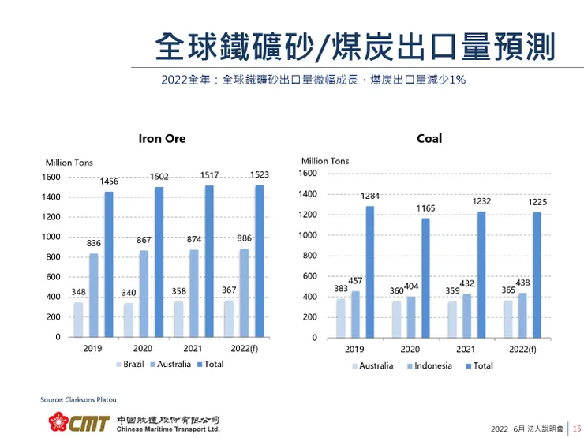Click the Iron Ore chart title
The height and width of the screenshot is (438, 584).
(x=162, y=138)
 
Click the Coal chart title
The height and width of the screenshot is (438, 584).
(x=429, y=138)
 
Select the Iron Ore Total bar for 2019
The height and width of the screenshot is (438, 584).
(x=109, y=264)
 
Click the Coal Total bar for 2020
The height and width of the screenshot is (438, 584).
(x=425, y=277)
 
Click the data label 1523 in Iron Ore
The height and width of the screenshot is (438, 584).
(x=260, y=174)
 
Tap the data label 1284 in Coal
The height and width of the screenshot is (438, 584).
(x=371, y=195)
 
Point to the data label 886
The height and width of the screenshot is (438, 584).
(x=243, y=238)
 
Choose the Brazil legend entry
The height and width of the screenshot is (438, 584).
(x=132, y=365)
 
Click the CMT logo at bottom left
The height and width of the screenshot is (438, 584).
(x=77, y=422)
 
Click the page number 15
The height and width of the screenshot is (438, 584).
(x=576, y=429)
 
